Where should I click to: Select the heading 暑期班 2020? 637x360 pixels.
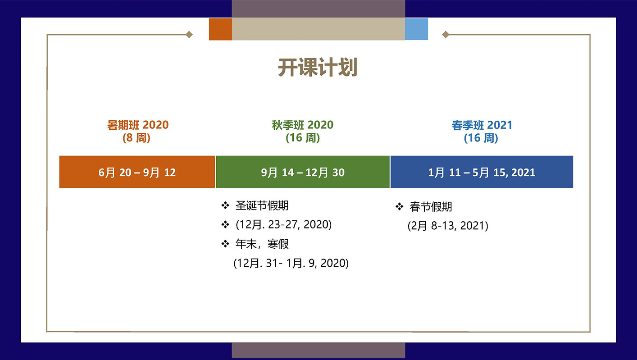[x=138, y=125]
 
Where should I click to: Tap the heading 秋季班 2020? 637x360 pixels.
[x=303, y=125]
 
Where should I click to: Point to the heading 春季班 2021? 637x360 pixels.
[x=482, y=125]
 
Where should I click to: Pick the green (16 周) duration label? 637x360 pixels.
[x=303, y=138]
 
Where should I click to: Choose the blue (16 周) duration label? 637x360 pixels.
[x=481, y=138]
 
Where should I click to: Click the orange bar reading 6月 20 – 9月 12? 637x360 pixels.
[x=137, y=172]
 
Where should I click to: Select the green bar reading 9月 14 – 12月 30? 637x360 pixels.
[x=303, y=172]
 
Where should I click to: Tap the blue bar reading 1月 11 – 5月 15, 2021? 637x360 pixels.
[x=482, y=172]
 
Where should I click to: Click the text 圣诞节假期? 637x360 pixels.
[x=262, y=206]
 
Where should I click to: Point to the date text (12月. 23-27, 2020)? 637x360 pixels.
[x=283, y=225]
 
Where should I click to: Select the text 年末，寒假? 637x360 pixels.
[x=262, y=244]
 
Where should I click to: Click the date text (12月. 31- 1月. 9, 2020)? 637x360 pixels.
[x=291, y=263]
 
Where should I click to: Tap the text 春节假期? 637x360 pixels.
[x=431, y=207]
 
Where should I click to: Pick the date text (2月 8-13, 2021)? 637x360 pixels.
[x=448, y=226]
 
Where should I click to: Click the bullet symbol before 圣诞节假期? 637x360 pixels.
[x=225, y=206]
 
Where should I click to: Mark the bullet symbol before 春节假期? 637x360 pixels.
[x=399, y=207]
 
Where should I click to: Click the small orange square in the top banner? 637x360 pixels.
[x=220, y=29]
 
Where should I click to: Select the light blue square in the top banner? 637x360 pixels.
[x=416, y=29]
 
